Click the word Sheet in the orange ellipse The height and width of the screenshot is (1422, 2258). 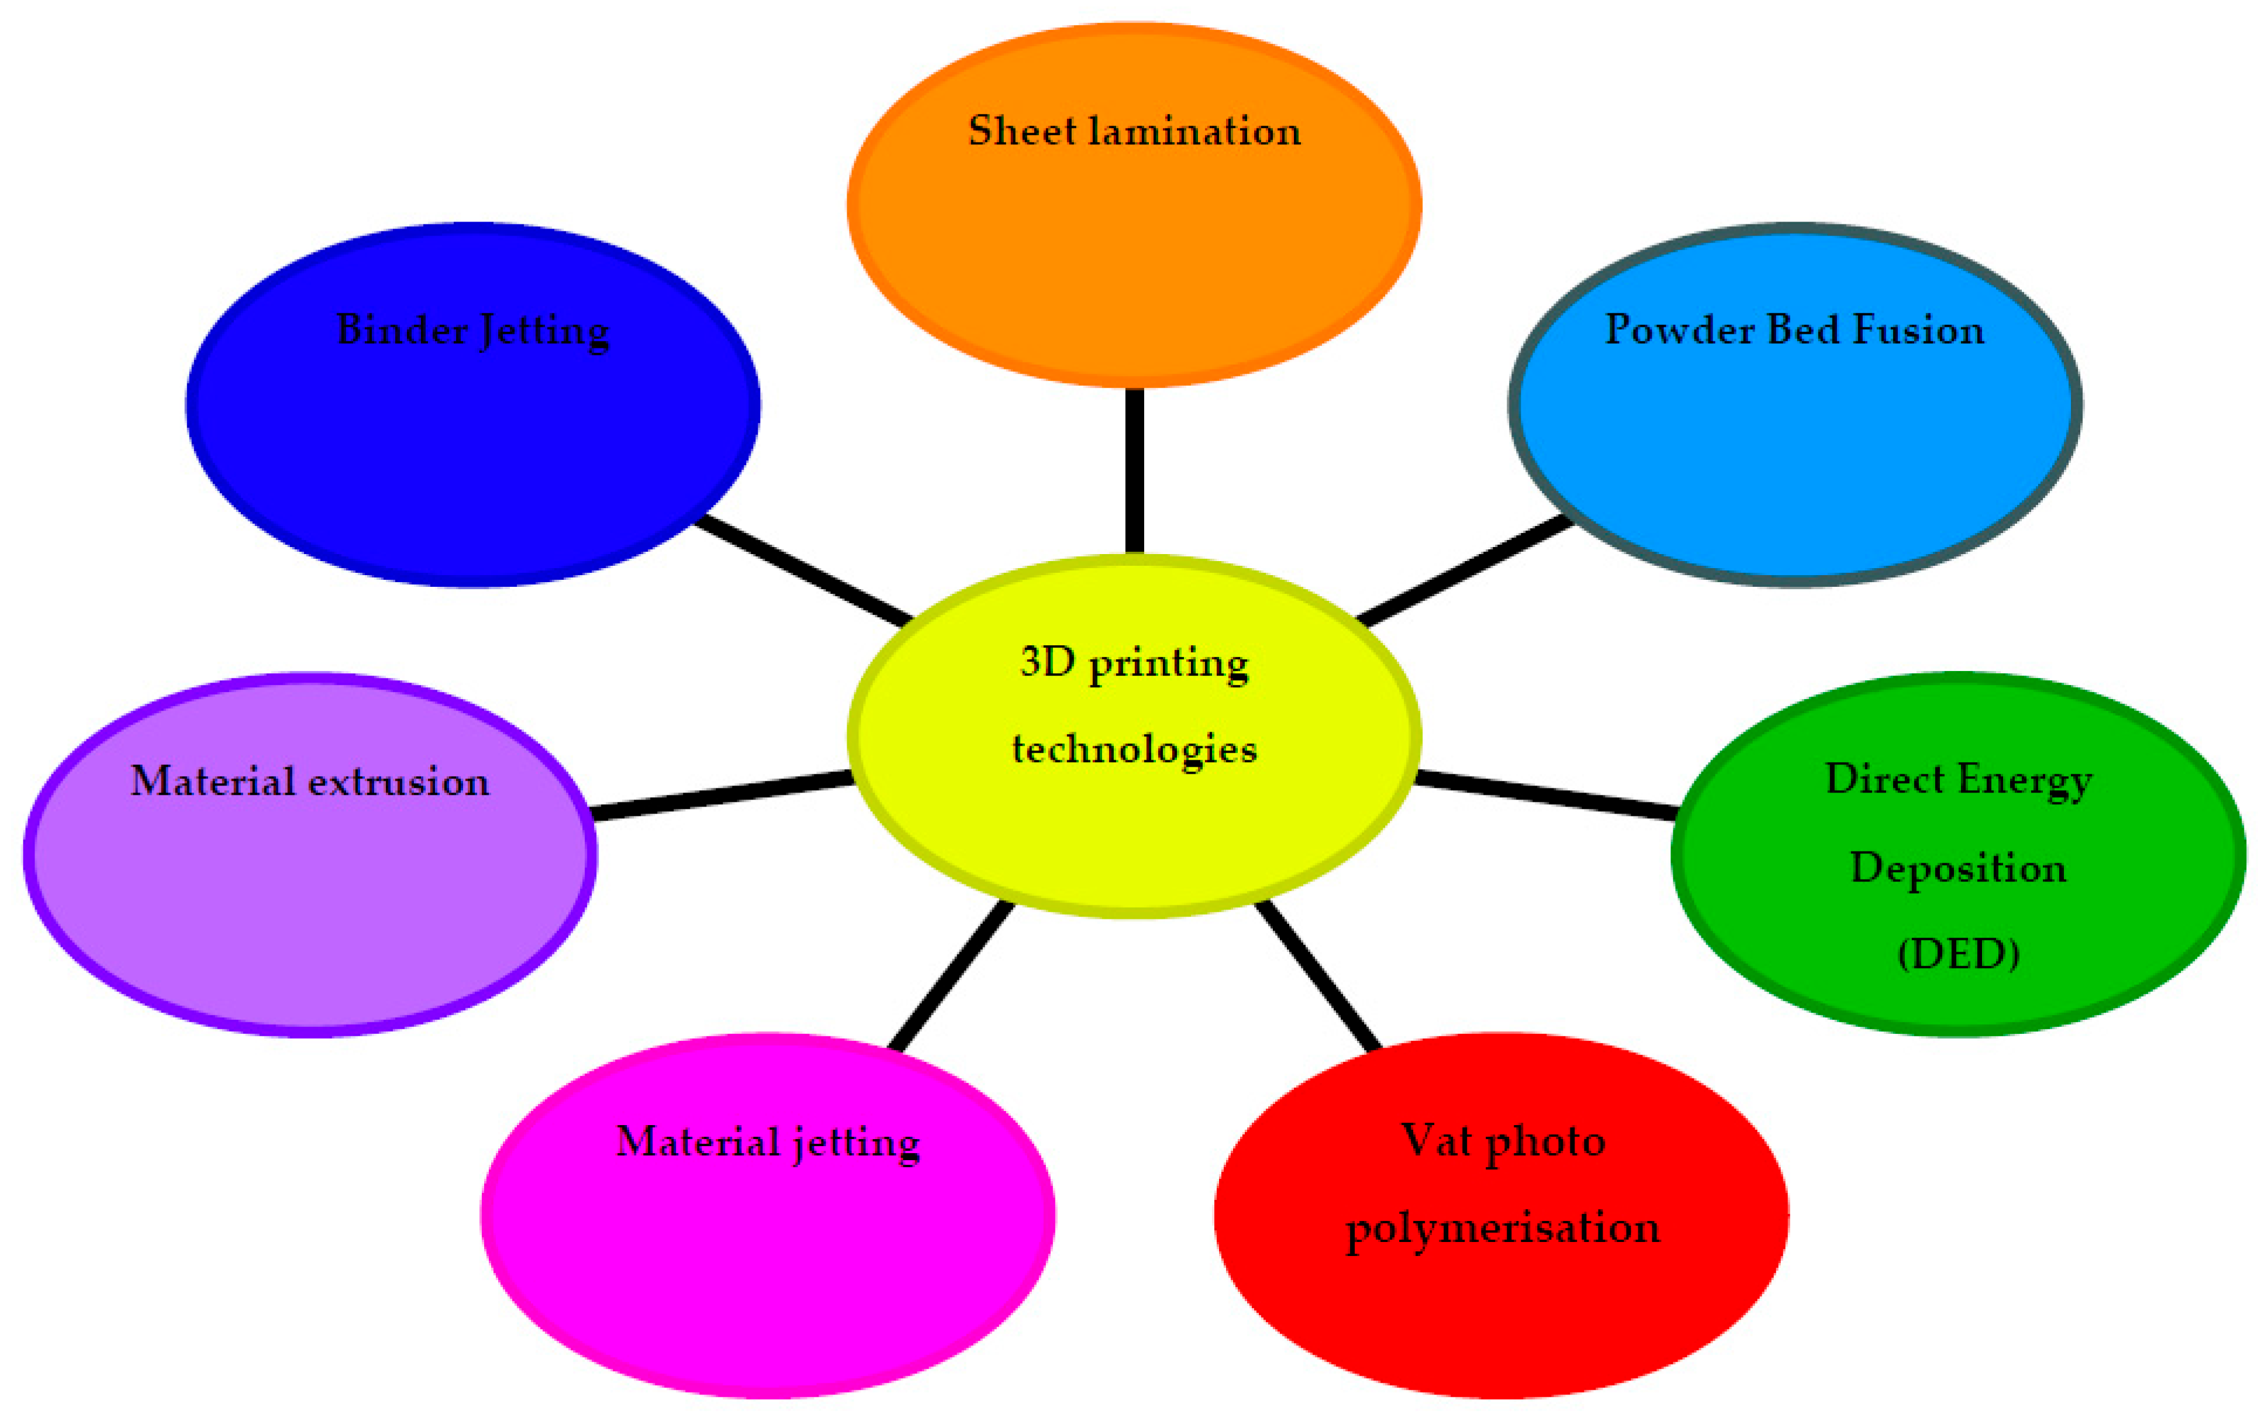point(1021,132)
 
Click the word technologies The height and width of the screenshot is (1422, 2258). point(1135,749)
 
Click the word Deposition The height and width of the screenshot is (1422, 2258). point(1958,868)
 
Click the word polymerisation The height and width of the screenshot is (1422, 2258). point(1502,1228)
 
